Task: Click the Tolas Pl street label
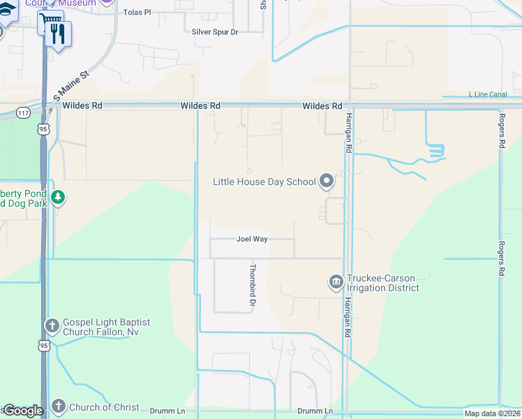[x=137, y=13]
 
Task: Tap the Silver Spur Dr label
[x=215, y=32]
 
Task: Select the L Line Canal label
[x=488, y=94]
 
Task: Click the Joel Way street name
[x=252, y=239]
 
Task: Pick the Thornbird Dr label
[x=253, y=286]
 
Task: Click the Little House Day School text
[x=264, y=182]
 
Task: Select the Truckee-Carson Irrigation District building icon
[x=336, y=282]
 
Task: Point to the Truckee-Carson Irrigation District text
[x=383, y=282]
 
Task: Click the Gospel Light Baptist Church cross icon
[x=52, y=325]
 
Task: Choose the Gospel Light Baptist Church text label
[x=106, y=327]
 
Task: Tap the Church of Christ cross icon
[x=59, y=406]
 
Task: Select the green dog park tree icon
[x=58, y=198]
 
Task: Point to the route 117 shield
[x=24, y=112]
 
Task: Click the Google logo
[x=23, y=411]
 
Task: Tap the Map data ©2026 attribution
[x=492, y=413]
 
